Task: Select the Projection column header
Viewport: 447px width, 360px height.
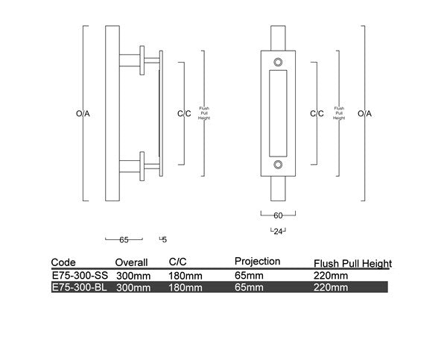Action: pyautogui.click(x=257, y=262)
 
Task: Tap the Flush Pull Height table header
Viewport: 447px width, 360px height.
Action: pyautogui.click(x=352, y=264)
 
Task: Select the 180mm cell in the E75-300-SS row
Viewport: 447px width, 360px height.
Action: pyautogui.click(x=186, y=275)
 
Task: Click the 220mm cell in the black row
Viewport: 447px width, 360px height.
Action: pyautogui.click(x=331, y=287)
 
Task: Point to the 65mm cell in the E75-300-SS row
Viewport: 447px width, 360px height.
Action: pyautogui.click(x=249, y=275)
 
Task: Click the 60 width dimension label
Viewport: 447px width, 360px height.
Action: pyautogui.click(x=279, y=215)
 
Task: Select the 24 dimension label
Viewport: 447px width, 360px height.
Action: pyautogui.click(x=278, y=231)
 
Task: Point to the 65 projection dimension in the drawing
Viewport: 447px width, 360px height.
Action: pyautogui.click(x=124, y=240)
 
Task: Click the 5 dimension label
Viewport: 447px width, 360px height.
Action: pyautogui.click(x=164, y=240)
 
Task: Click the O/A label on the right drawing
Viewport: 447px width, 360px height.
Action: pyautogui.click(x=364, y=114)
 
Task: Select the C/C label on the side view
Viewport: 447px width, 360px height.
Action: pyautogui.click(x=183, y=114)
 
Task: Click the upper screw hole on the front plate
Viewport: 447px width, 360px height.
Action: pyautogui.click(x=278, y=63)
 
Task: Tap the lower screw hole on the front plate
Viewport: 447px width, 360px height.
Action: pyautogui.click(x=278, y=165)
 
